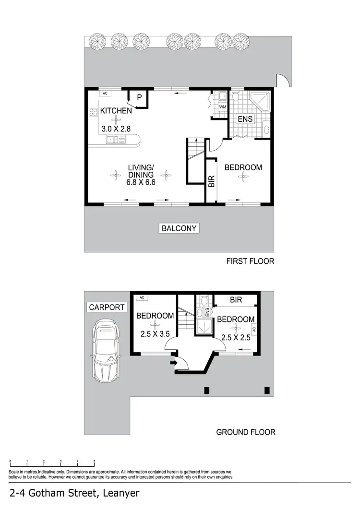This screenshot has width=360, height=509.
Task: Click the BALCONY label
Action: coord(179,228)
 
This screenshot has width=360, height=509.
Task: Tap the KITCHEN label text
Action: coord(116,111)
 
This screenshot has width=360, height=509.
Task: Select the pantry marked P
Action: coord(139,97)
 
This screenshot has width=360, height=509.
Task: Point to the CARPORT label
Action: coord(107,308)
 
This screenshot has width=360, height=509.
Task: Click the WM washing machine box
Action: coord(223,107)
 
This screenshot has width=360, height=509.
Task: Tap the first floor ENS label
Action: coord(245,120)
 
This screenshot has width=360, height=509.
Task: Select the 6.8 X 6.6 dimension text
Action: coord(141,182)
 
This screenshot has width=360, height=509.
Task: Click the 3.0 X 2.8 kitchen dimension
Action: coord(116,129)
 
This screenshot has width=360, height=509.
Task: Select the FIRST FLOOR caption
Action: coord(250,261)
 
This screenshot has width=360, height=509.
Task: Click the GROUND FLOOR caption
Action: coord(246,432)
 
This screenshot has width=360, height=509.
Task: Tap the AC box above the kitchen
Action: coord(105,93)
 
